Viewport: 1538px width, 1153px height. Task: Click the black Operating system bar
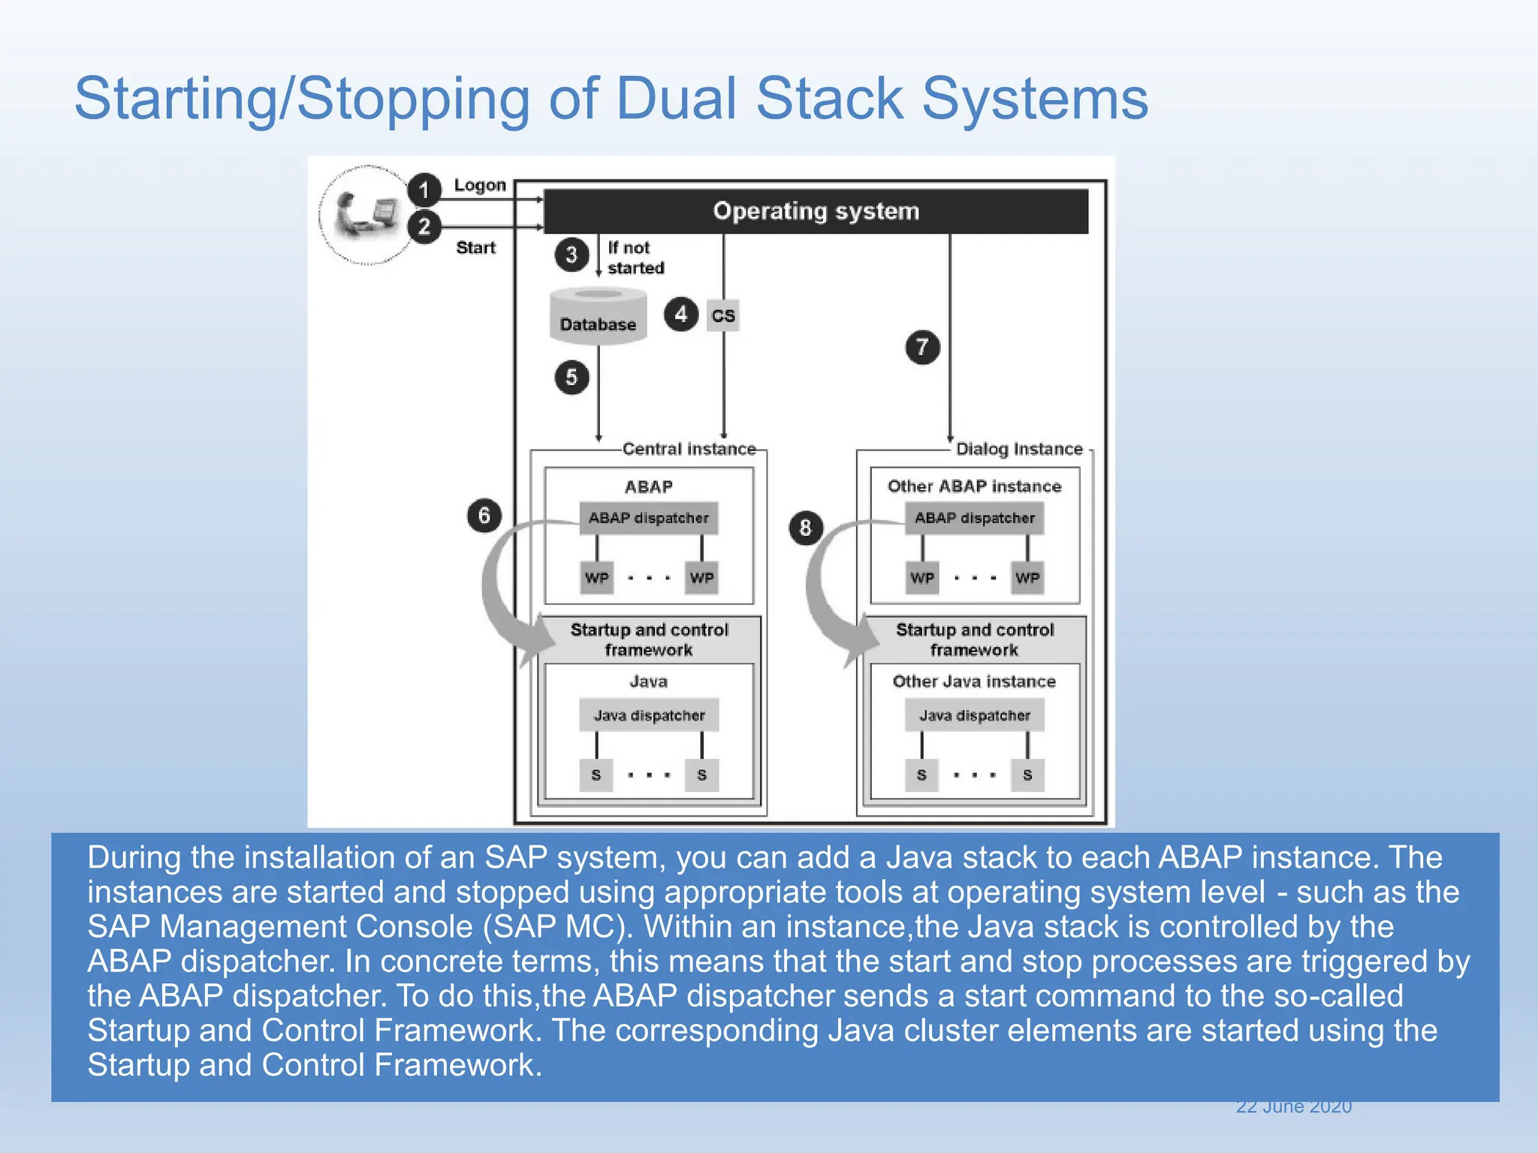(x=816, y=211)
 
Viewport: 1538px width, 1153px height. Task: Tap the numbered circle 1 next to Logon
(x=424, y=189)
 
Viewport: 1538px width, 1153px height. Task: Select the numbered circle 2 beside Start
(x=424, y=226)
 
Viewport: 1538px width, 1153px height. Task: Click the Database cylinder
(x=598, y=317)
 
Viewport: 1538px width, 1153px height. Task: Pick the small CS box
(x=723, y=315)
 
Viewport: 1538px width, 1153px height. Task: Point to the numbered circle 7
(x=922, y=347)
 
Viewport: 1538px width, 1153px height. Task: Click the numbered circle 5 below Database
(x=571, y=377)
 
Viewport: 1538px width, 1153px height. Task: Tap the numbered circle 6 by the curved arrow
(x=484, y=515)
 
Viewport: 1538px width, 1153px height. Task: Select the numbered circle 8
(x=805, y=528)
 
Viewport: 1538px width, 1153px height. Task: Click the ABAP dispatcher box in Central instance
(x=648, y=518)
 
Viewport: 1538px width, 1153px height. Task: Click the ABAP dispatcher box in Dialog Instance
(x=974, y=518)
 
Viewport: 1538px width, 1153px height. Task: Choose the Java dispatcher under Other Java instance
(x=974, y=715)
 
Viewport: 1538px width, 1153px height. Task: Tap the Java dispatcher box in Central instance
(x=649, y=715)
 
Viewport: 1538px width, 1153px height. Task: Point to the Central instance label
(x=689, y=449)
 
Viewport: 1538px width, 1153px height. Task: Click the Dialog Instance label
(x=1018, y=449)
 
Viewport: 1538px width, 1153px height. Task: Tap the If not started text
(x=635, y=257)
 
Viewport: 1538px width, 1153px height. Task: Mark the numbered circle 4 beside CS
(x=680, y=314)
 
